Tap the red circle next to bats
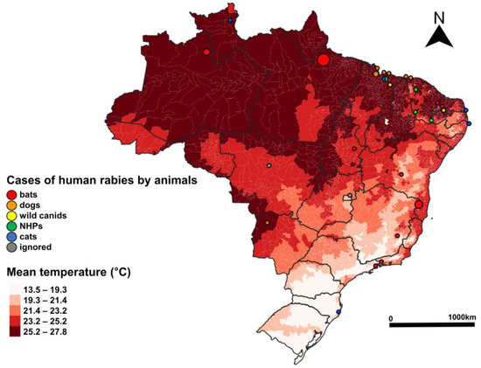pyautogui.click(x=10, y=194)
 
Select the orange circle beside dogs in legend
pyautogui.click(x=10, y=205)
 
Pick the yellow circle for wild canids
pyautogui.click(x=10, y=215)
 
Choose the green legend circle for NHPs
pyautogui.click(x=10, y=226)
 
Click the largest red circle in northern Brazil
pyautogui.click(x=324, y=59)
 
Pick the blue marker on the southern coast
pyautogui.click(x=338, y=311)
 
